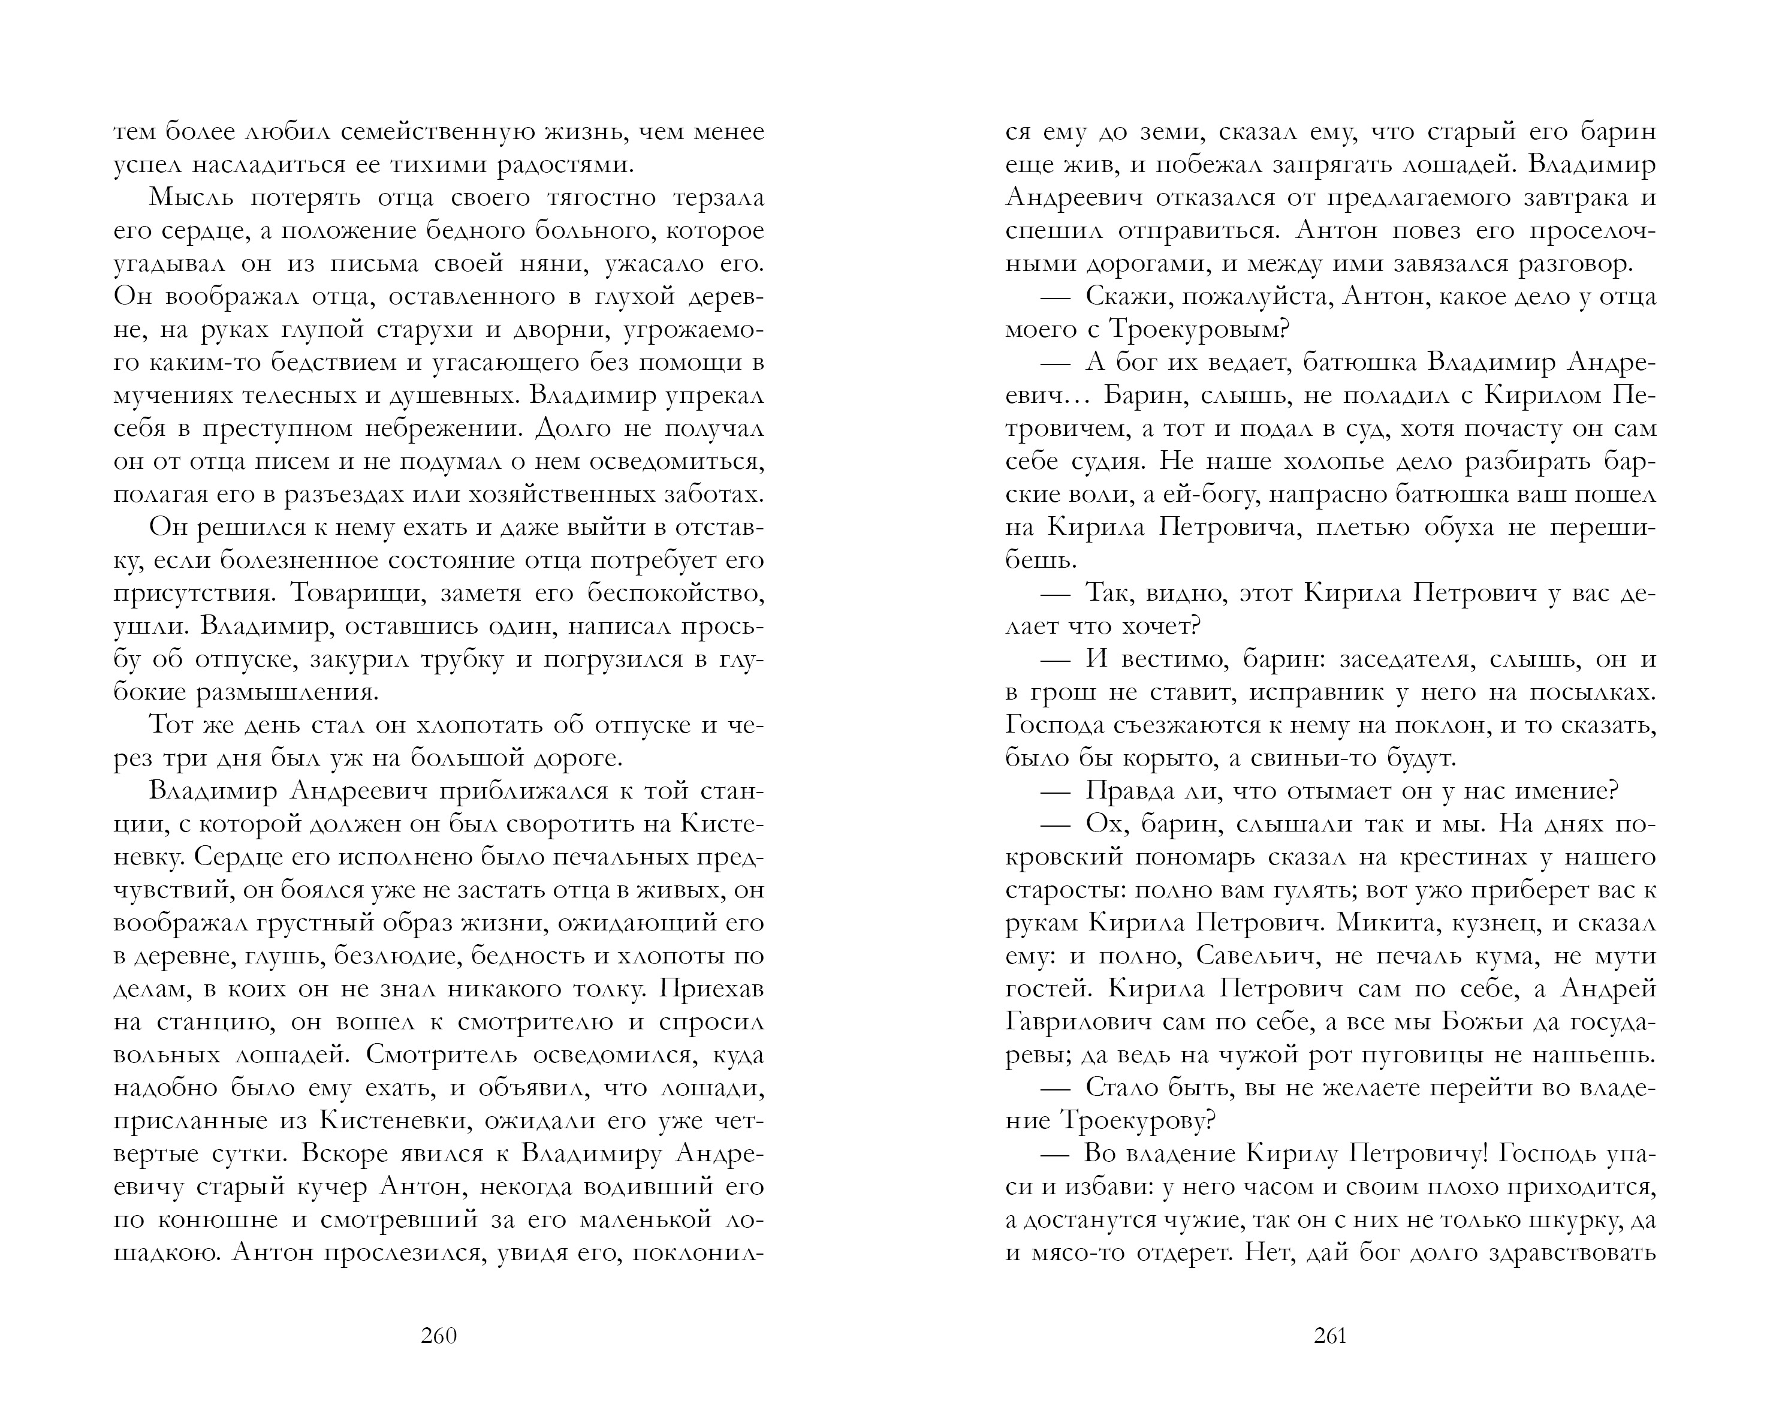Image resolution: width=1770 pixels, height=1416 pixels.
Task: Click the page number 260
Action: pos(438,1336)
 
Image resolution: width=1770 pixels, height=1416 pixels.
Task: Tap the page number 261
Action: pos(1330,1336)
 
